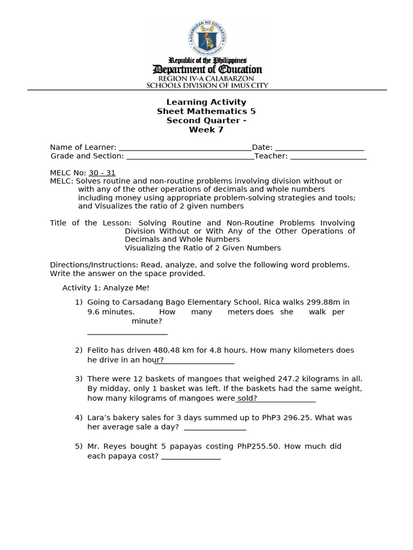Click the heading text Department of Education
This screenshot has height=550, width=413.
click(207, 69)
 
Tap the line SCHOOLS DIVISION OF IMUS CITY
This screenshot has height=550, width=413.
click(207, 85)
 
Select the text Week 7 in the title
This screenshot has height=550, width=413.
click(206, 129)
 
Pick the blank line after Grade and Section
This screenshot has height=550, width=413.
click(190, 157)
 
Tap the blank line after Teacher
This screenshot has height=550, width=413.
click(328, 157)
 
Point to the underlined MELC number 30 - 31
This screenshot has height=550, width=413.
click(102, 173)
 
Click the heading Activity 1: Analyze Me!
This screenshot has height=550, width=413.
click(106, 288)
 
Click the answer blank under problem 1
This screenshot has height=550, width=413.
click(127, 333)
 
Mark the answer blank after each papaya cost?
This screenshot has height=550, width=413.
click(191, 458)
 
